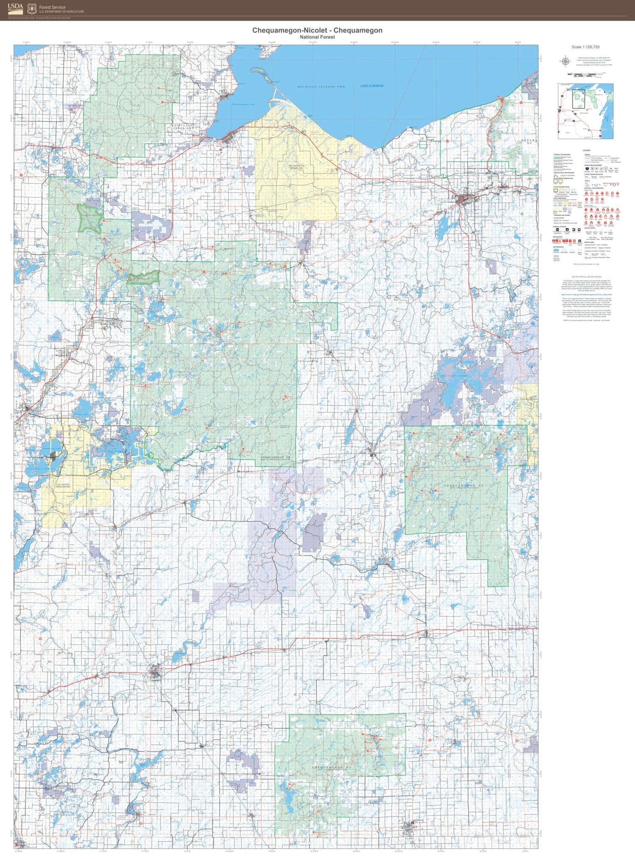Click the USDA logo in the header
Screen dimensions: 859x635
(15, 8)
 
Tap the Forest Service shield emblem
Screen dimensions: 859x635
(32, 8)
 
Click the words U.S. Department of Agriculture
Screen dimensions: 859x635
(61, 12)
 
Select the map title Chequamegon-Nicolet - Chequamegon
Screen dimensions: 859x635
(317, 30)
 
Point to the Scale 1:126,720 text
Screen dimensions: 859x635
(585, 47)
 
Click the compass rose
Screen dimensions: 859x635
(564, 61)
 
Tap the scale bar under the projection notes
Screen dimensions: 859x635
(586, 74)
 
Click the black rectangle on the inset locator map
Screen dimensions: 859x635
(578, 99)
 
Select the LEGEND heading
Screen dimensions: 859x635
(586, 151)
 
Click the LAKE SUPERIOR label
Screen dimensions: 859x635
(372, 86)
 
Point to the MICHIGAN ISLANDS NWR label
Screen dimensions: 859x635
(321, 87)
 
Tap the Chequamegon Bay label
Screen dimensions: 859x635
(243, 104)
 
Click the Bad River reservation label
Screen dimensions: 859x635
(296, 167)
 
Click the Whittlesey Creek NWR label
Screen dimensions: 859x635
(183, 127)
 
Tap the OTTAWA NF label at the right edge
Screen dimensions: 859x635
(529, 141)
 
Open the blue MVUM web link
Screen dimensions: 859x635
(586, 294)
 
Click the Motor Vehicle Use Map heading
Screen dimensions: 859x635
(586, 277)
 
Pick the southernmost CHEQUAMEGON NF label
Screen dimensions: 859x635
(332, 767)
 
